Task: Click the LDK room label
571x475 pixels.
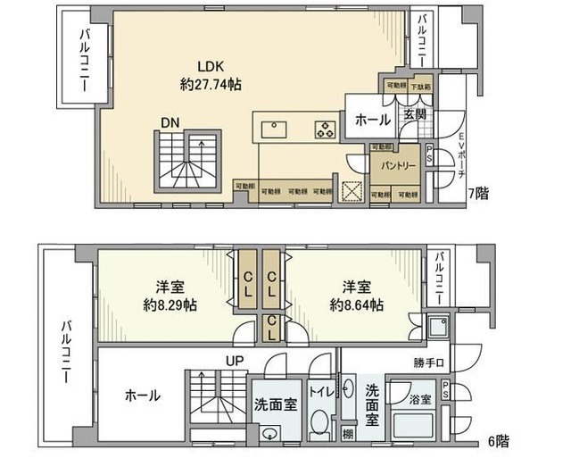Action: click(211, 66)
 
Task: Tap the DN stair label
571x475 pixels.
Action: click(171, 122)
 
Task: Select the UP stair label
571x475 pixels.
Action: click(236, 361)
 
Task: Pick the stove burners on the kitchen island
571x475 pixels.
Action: click(323, 130)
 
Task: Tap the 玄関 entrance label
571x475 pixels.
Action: click(414, 114)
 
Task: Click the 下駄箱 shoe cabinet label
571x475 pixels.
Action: click(420, 87)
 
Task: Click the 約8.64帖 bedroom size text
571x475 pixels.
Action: click(356, 304)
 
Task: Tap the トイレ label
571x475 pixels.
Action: click(321, 391)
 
